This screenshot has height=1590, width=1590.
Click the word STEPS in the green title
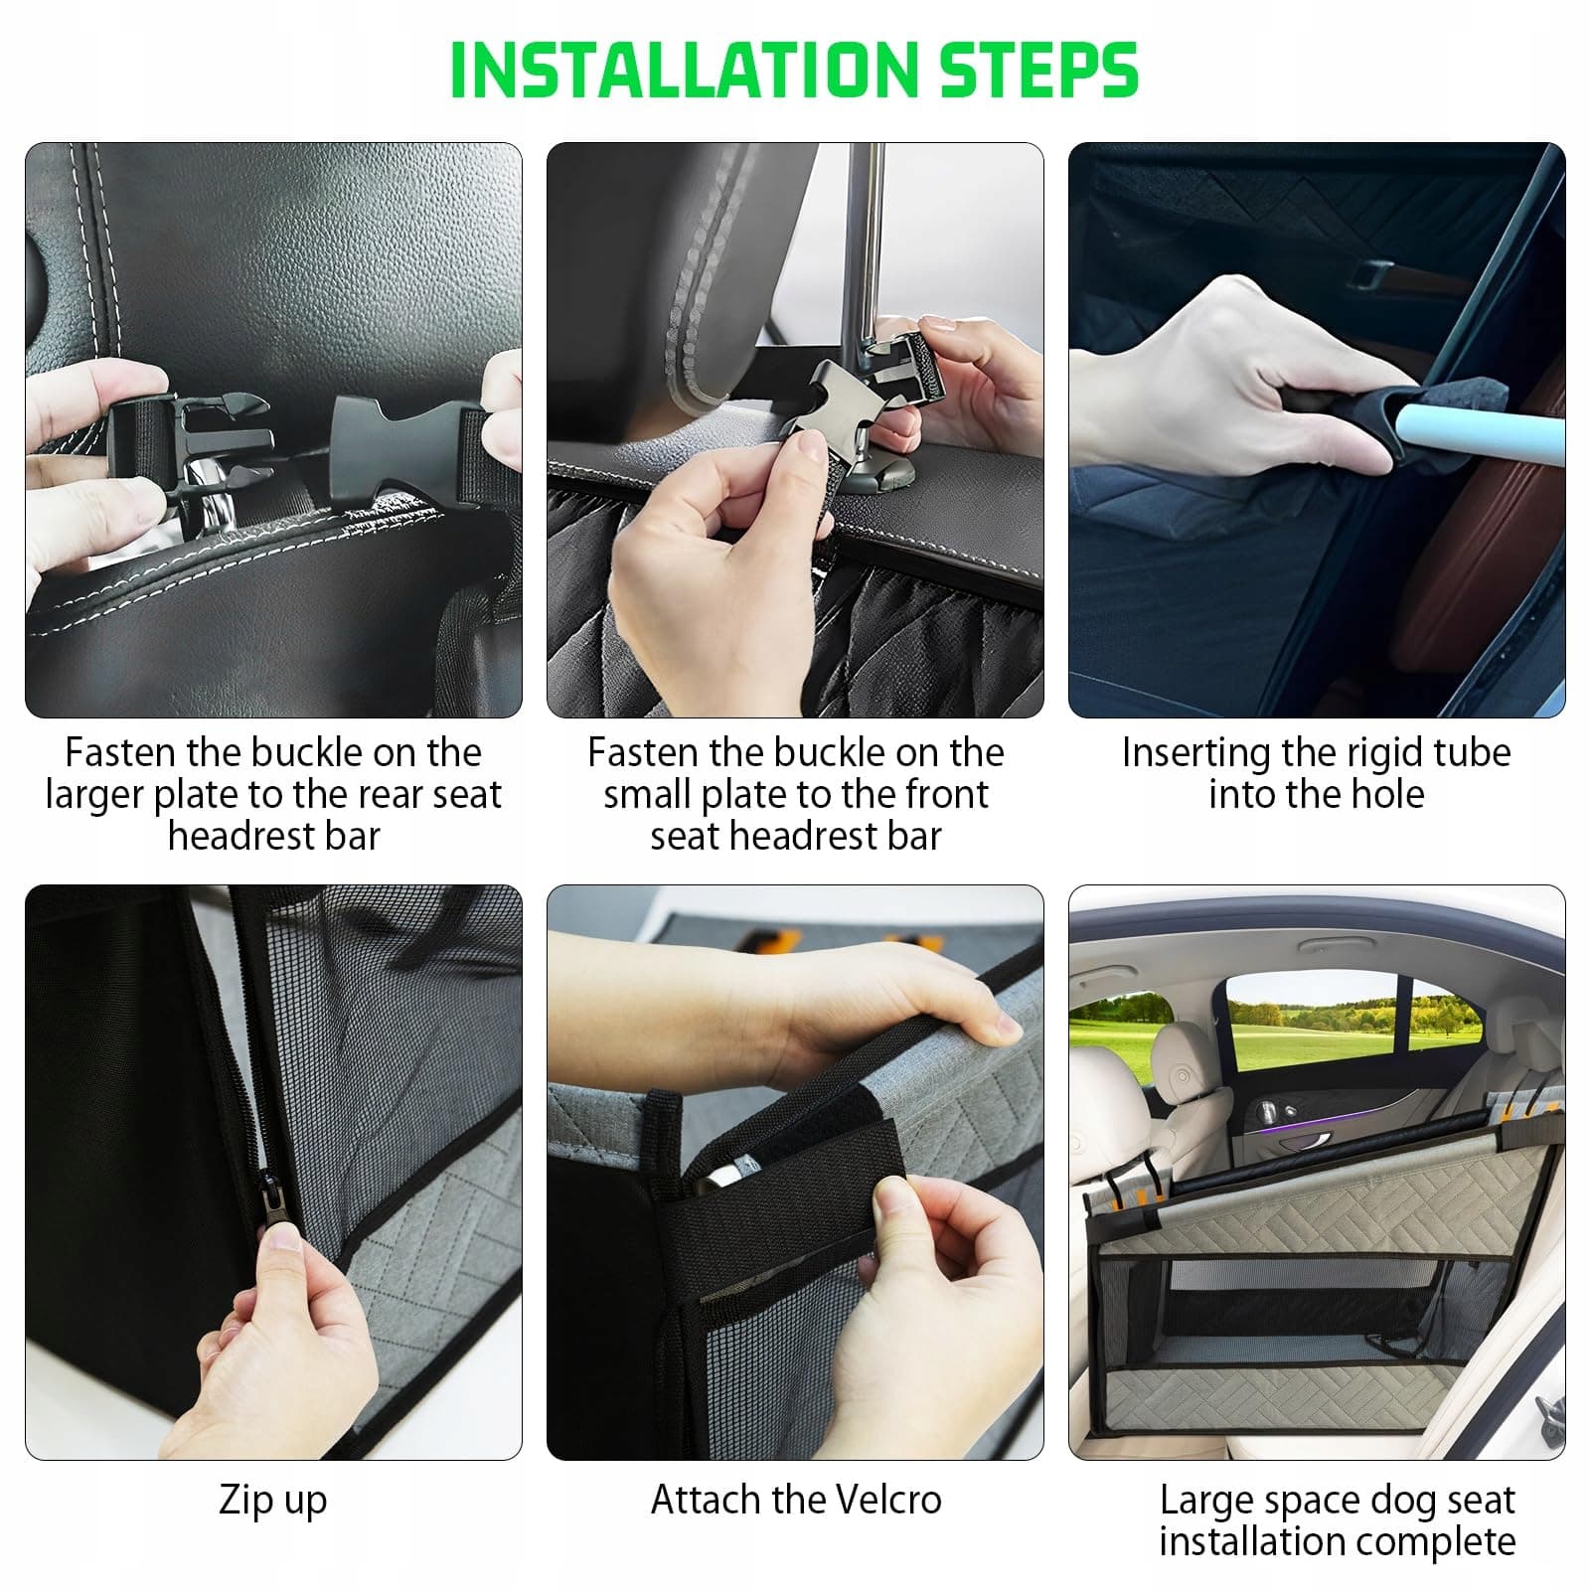(x=1038, y=70)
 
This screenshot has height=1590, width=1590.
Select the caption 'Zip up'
(x=273, y=1500)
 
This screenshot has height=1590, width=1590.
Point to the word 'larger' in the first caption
(x=93, y=796)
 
